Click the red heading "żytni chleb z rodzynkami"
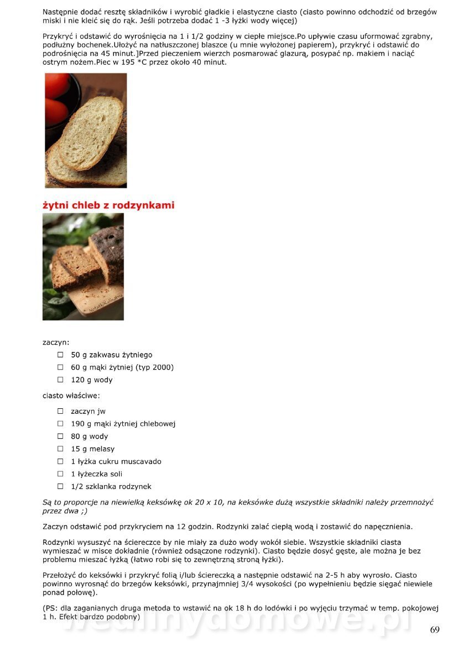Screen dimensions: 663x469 [x=108, y=206]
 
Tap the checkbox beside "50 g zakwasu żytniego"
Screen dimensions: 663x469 [x=60, y=355]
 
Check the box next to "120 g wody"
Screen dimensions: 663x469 [x=60, y=380]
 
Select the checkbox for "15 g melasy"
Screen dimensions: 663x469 [x=60, y=449]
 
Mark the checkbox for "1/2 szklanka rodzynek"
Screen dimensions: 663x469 [x=60, y=486]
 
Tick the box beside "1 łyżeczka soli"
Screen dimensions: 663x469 [x=60, y=473]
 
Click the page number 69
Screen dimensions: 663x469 [x=435, y=630]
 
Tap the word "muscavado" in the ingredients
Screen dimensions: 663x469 [x=142, y=461]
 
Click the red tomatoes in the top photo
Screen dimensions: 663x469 [x=57, y=97]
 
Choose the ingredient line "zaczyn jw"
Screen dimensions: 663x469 [x=88, y=411]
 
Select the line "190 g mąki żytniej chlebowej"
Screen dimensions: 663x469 [x=123, y=424]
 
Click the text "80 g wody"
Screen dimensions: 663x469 [x=89, y=436]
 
